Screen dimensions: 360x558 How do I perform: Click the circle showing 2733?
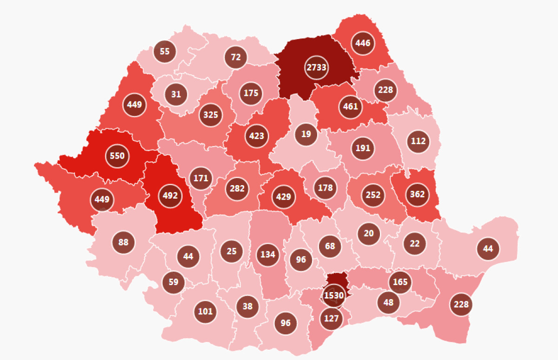317,67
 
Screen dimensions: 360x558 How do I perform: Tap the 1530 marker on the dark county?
334,296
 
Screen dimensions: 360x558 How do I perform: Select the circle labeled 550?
117,156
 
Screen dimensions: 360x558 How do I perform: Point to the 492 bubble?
170,196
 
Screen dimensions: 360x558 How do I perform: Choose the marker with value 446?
363,43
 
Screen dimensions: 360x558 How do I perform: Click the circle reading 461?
351,107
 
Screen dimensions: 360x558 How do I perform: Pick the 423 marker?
256,136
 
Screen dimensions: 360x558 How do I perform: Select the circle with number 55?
165,52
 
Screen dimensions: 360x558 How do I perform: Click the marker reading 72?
236,57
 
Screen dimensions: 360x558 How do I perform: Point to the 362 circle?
418,194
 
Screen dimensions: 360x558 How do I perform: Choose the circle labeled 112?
418,141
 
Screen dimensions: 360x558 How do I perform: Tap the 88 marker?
123,242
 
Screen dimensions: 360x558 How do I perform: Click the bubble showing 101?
205,311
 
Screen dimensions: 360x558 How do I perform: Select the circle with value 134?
268,254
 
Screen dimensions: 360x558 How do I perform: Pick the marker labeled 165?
400,282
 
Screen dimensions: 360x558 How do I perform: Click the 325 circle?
211,114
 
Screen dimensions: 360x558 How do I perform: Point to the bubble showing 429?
283,197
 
